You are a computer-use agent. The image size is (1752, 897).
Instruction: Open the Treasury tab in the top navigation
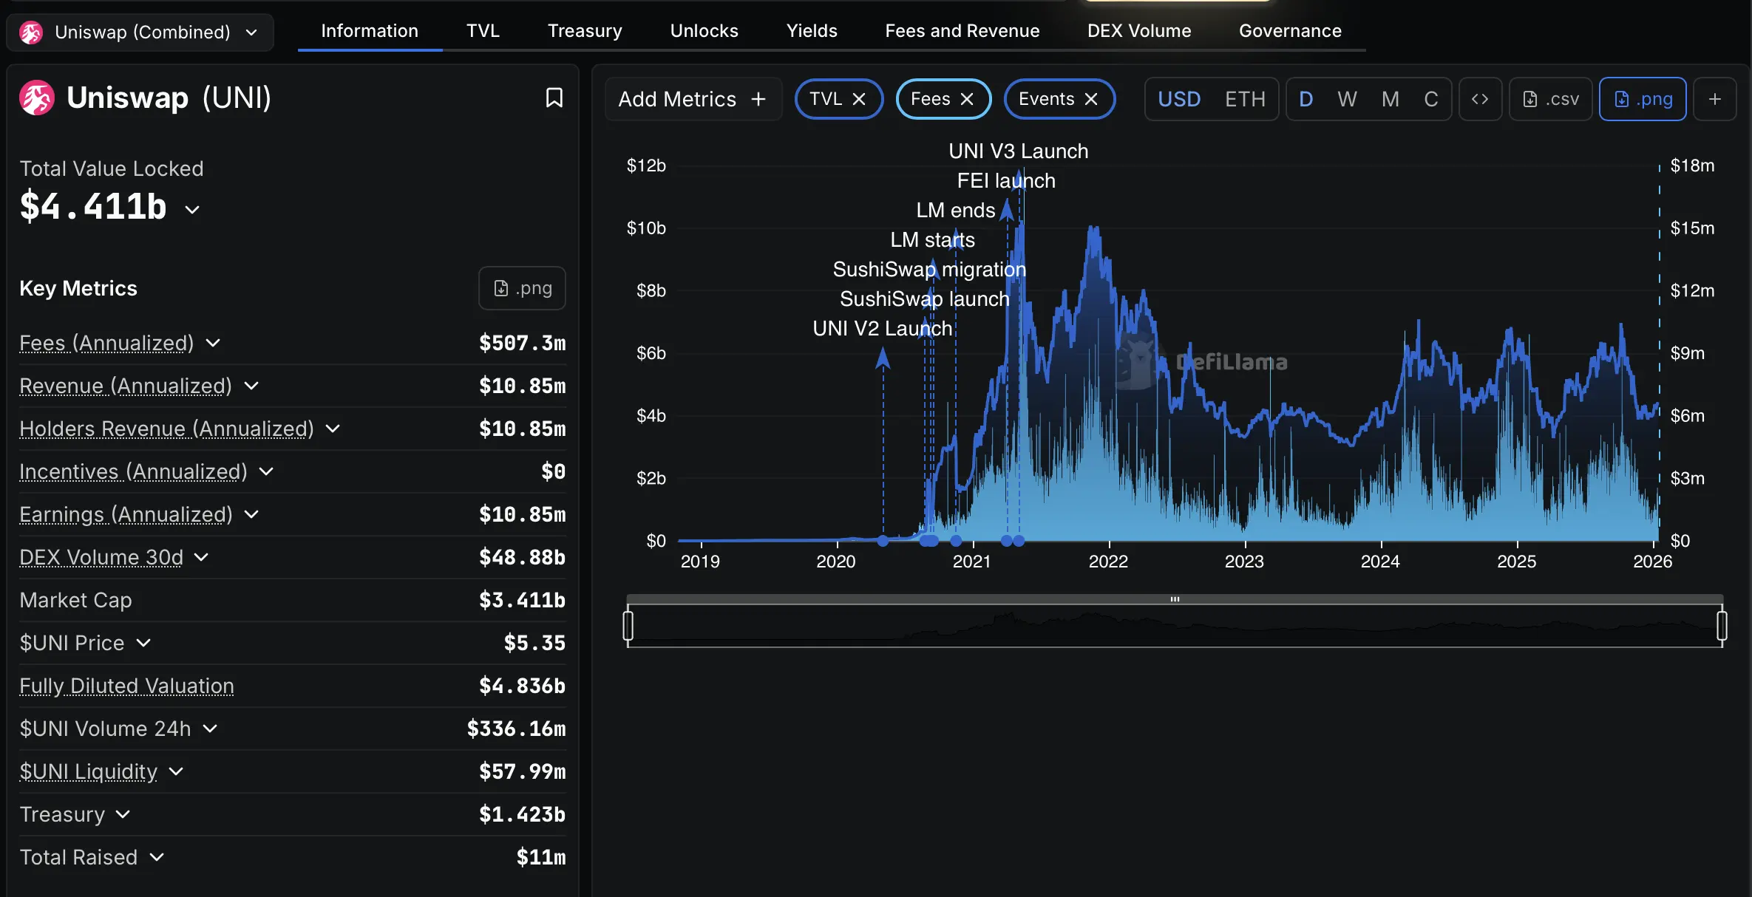click(584, 31)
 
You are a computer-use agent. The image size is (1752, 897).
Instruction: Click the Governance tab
click(1289, 31)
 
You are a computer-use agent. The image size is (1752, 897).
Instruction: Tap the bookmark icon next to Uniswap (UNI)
click(554, 98)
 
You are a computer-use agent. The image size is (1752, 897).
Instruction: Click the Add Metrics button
click(692, 99)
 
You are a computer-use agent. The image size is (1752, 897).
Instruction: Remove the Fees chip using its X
click(967, 99)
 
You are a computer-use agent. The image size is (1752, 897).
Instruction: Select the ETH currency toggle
click(1245, 99)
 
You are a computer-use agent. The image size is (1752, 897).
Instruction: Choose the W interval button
click(1347, 99)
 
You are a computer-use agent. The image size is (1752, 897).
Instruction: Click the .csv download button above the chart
click(1551, 99)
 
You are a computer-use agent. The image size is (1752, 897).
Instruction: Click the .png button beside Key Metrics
click(522, 288)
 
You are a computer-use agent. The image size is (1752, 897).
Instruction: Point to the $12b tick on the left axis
click(646, 166)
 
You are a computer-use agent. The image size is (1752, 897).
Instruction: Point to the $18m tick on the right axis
click(1692, 166)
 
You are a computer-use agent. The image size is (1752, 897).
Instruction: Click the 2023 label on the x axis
click(1244, 562)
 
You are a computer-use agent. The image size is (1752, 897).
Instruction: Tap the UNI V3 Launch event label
click(1018, 151)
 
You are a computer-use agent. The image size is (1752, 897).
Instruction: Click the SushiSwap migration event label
click(929, 270)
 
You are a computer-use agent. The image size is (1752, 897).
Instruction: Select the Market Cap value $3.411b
click(522, 600)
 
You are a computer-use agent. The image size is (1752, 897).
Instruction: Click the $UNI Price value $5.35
click(534, 643)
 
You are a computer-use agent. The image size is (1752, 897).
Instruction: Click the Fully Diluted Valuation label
click(126, 686)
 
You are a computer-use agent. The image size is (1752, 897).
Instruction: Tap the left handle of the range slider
click(628, 625)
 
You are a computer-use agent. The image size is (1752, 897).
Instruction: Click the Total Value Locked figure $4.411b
click(93, 207)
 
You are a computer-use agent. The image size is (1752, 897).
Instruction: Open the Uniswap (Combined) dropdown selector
click(140, 33)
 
